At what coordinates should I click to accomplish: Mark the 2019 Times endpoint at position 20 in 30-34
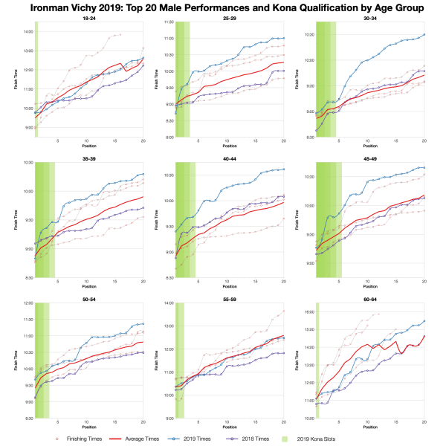coord(424,34)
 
